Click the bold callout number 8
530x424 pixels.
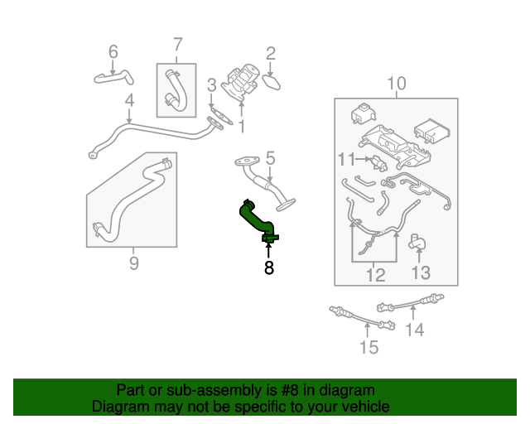coord(268,267)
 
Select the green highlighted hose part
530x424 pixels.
coord(258,221)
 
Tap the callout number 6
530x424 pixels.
coord(113,51)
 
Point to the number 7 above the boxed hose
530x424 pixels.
coord(178,45)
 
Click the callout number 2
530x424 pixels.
coord(271,54)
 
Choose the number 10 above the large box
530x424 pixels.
coord(397,83)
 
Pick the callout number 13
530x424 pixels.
coord(421,272)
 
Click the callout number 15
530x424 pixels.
coord(369,347)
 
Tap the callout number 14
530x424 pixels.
coord(414,330)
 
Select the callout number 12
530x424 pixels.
coord(375,275)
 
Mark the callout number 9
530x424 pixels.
coord(134,263)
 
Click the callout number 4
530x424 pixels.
coord(129,101)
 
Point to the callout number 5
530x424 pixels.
coord(271,158)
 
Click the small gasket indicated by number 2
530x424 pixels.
coord(272,83)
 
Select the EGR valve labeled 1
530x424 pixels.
coord(240,82)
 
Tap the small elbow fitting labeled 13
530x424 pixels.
coord(417,242)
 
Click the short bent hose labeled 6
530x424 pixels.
coord(114,78)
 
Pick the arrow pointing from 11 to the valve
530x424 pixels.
coord(364,158)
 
